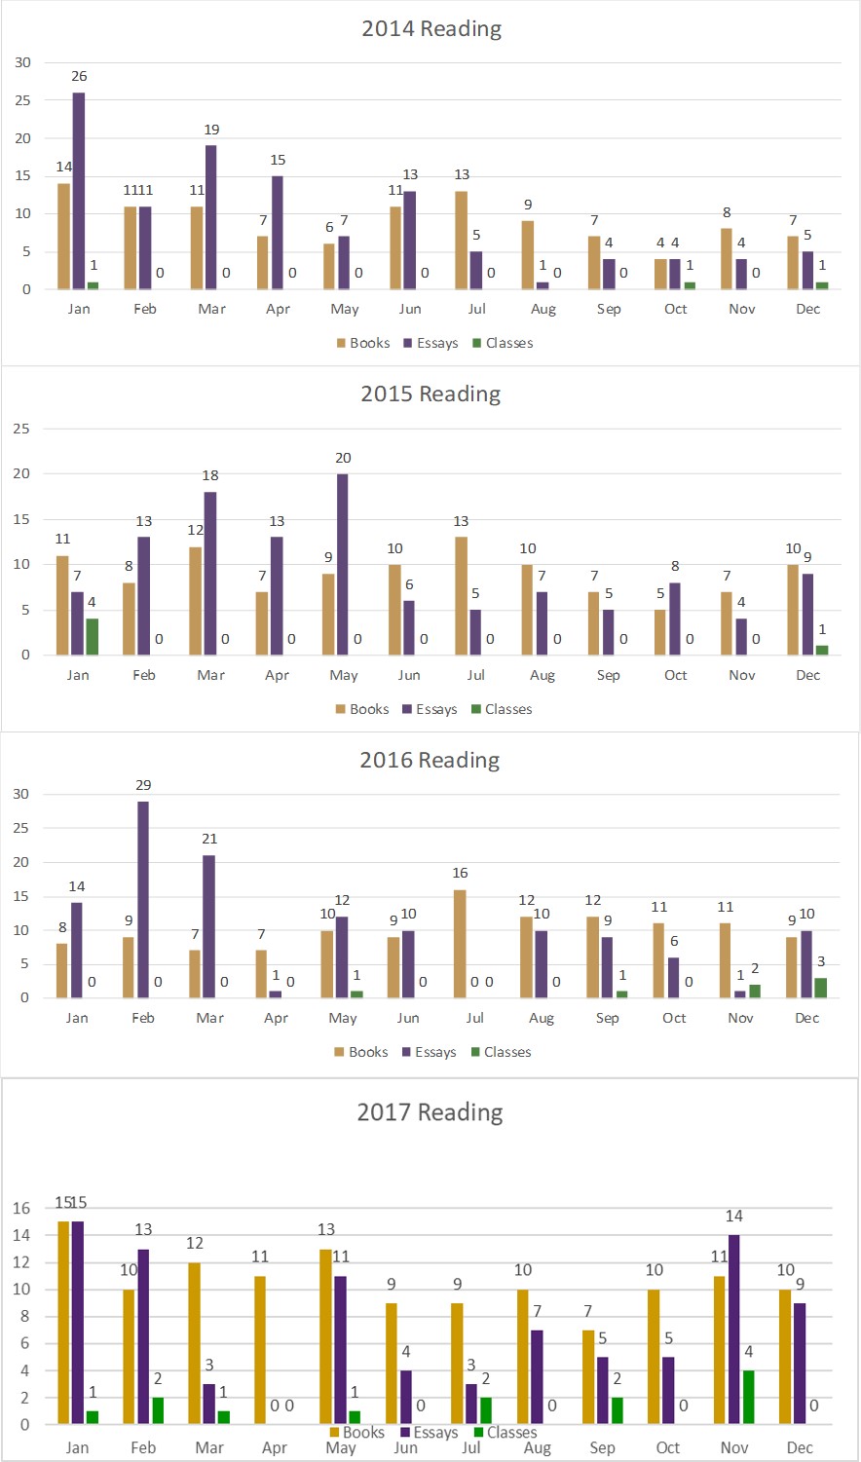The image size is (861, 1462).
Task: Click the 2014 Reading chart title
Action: point(431,29)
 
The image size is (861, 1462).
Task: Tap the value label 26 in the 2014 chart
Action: point(79,76)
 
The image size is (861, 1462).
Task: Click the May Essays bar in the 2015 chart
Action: point(343,564)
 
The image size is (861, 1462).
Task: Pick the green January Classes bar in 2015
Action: point(93,637)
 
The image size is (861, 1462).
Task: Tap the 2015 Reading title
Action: point(430,394)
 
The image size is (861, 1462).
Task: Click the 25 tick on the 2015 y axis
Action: point(21,429)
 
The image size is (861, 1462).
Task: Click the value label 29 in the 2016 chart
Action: point(143,785)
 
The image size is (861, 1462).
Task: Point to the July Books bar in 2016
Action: point(460,944)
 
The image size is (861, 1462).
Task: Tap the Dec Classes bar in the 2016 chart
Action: point(820,988)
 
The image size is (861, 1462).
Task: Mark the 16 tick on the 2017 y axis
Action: point(21,1209)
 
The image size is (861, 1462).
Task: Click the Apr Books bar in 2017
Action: point(260,1350)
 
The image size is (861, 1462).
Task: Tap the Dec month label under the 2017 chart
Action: point(800,1447)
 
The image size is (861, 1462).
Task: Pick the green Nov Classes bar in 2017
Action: point(748,1398)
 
